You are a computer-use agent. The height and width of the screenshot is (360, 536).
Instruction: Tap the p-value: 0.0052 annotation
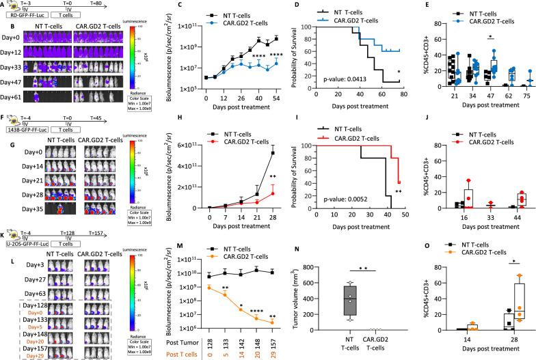318,199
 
